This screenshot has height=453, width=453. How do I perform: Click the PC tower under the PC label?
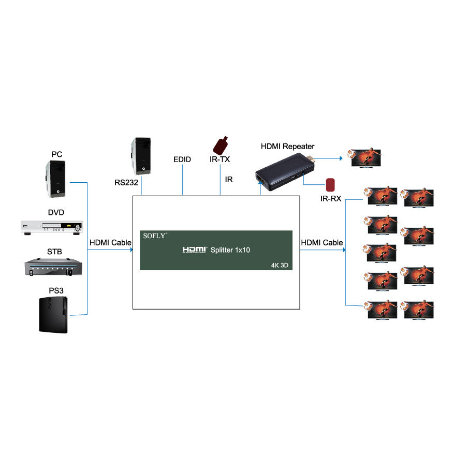(x=56, y=179)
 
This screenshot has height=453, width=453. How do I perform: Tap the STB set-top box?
(x=54, y=266)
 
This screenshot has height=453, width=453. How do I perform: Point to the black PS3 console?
(x=53, y=315)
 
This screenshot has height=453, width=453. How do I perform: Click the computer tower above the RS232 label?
(x=141, y=156)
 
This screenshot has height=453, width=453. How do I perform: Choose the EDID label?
(x=182, y=159)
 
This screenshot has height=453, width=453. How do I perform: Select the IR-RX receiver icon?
(x=330, y=185)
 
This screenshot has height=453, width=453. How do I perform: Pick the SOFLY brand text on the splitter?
(x=155, y=236)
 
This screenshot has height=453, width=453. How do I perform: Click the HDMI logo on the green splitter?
(x=195, y=250)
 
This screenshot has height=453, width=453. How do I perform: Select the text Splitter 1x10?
(x=230, y=250)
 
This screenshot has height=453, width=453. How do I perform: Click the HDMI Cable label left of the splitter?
(x=110, y=242)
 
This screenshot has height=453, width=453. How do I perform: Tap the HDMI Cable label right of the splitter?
(x=322, y=242)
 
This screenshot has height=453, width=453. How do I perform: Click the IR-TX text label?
(x=220, y=159)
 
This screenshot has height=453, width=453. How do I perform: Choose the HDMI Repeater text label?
(x=287, y=147)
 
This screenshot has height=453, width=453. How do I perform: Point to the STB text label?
(x=54, y=252)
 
